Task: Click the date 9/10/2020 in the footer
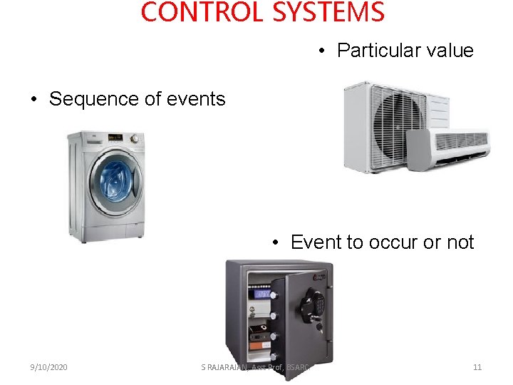click(x=49, y=367)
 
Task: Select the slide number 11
click(x=477, y=367)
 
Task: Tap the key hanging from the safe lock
click(x=320, y=329)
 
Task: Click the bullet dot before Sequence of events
click(x=34, y=100)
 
